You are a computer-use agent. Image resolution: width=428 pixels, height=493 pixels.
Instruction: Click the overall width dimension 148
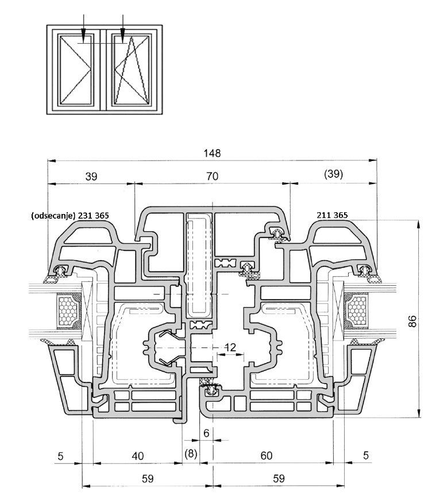click(x=212, y=154)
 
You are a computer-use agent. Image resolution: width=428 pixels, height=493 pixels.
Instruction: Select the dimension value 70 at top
click(x=212, y=177)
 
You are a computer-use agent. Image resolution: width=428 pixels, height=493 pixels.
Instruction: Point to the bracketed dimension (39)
click(x=333, y=174)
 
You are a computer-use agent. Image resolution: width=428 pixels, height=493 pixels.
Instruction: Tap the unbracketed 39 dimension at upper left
click(x=91, y=177)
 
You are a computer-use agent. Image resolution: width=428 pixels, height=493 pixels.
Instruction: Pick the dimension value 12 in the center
click(x=230, y=347)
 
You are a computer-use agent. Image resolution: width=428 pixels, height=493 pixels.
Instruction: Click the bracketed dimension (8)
click(x=191, y=454)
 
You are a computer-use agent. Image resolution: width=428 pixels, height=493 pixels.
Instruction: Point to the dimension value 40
click(x=138, y=456)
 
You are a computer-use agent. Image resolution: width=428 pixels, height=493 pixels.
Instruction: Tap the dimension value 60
click(x=266, y=456)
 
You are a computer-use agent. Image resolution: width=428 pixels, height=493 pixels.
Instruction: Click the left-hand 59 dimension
click(x=147, y=477)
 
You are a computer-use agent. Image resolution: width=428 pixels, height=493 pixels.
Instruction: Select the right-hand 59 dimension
click(x=279, y=477)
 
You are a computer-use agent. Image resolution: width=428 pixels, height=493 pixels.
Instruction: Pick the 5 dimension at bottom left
click(x=61, y=456)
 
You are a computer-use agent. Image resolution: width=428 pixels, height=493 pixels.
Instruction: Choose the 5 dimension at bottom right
click(x=366, y=456)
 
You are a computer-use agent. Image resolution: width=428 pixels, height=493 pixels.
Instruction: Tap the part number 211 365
click(x=332, y=215)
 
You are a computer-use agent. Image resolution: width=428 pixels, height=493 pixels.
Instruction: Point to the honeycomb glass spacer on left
click(x=68, y=313)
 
